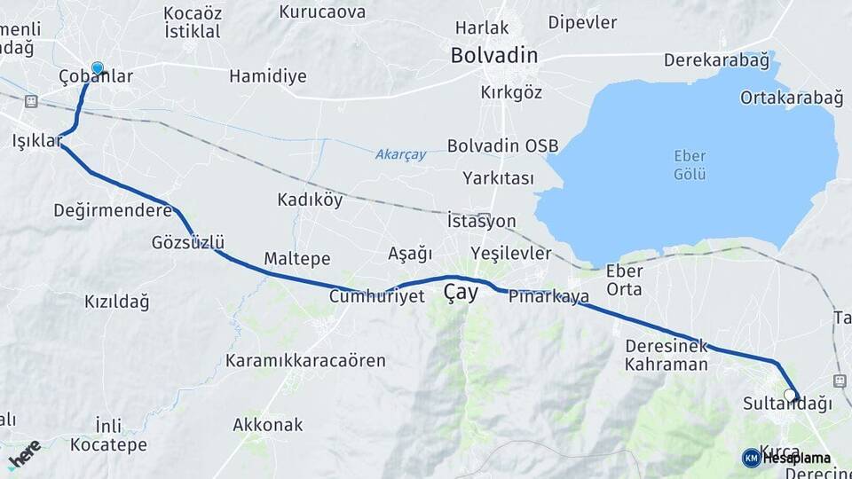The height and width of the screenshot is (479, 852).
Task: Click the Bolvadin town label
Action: [493, 55]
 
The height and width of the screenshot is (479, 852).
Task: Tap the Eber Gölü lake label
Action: [690, 165]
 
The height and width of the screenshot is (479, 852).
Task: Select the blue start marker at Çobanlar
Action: [97, 68]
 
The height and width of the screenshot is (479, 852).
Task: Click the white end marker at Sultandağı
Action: [790, 396]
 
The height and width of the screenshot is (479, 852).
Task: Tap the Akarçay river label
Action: [400, 154]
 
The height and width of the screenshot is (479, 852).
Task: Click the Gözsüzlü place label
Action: [188, 242]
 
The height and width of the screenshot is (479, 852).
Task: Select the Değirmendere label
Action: [112, 210]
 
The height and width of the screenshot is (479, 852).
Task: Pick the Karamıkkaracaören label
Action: [305, 361]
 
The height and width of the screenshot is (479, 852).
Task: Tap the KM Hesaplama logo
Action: [786, 458]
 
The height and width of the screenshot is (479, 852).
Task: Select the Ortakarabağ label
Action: [791, 98]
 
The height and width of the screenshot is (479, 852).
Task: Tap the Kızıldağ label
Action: [116, 302]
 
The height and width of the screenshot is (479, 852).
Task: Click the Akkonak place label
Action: [267, 425]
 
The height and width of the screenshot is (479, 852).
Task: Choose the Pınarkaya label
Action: [548, 297]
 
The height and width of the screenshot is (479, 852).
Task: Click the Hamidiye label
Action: [267, 76]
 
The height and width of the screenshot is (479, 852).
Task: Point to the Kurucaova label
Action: [322, 12]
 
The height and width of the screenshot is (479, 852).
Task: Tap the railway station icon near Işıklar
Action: [31, 101]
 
